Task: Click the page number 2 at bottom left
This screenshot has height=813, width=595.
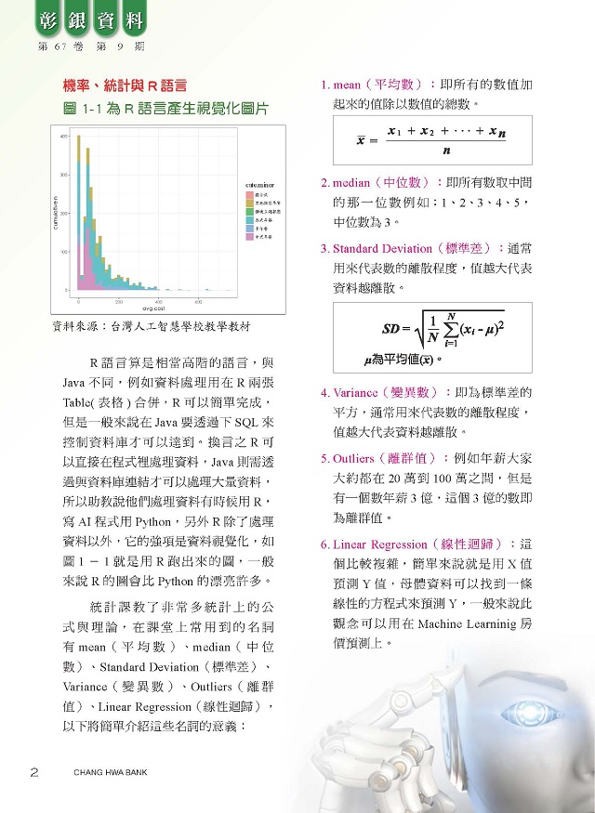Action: [34, 771]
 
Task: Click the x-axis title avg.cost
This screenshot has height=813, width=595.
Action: [153, 308]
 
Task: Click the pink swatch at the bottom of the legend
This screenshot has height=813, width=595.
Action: [249, 238]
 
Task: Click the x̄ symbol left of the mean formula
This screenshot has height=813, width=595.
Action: [361, 142]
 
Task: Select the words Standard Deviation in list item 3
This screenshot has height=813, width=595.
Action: [382, 249]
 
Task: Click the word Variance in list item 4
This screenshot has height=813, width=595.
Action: [357, 392]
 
